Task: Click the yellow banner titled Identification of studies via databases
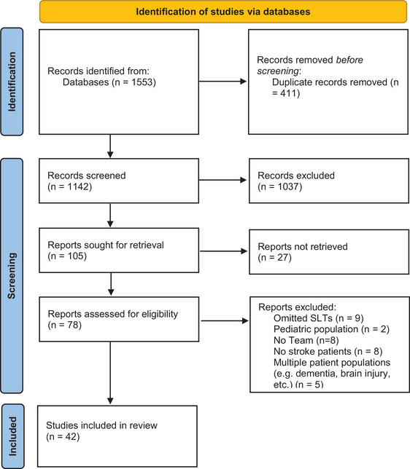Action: pyautogui.click(x=223, y=12)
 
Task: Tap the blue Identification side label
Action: pyautogui.click(x=12, y=82)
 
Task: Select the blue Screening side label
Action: pyautogui.click(x=12, y=275)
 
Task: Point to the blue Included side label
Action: pyautogui.click(x=12, y=436)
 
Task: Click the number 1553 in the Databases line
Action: pyautogui.click(x=142, y=82)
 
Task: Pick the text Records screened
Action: pyautogui.click(x=87, y=176)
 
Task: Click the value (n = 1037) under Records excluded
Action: pyautogui.click(x=280, y=186)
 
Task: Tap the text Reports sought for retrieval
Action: pyautogui.click(x=106, y=245)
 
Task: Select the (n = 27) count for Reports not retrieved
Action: pyautogui.click(x=274, y=258)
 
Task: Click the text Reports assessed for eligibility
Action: pyautogui.click(x=113, y=314)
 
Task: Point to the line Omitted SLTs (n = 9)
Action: pyautogui.click(x=319, y=318)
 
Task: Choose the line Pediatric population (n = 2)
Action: pyautogui.click(x=331, y=329)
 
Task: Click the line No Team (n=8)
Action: pyautogui.click(x=306, y=340)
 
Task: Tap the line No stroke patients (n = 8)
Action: pyautogui.click(x=328, y=351)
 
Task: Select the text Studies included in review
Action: pyautogui.click(x=101, y=425)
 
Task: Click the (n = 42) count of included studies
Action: pyautogui.click(x=63, y=437)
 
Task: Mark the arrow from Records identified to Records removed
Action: pyautogui.click(x=223, y=81)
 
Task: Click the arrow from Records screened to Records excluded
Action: pyautogui.click(x=223, y=180)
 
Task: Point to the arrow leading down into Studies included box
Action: pyautogui.click(x=110, y=373)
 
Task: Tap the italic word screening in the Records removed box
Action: pyautogui.click(x=278, y=71)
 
